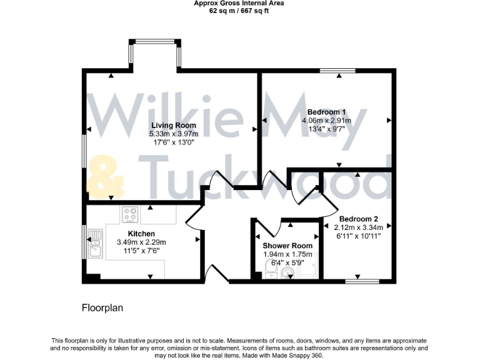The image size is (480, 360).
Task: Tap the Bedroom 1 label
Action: tap(326, 112)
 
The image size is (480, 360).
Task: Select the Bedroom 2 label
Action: tap(359, 219)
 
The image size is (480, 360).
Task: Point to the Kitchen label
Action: tap(141, 234)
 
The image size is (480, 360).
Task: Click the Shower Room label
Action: tap(287, 246)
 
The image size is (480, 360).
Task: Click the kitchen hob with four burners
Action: tap(130, 214)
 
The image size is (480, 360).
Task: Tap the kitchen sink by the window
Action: tap(96, 243)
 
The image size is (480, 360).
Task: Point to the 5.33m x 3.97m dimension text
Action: tap(173, 134)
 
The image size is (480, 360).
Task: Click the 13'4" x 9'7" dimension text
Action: tap(326, 129)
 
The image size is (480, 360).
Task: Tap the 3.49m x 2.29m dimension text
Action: tap(141, 242)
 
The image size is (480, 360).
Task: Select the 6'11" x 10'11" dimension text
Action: tap(359, 236)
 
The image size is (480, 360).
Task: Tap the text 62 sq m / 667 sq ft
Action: tap(239, 10)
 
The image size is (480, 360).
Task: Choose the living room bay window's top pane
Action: tap(155, 42)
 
